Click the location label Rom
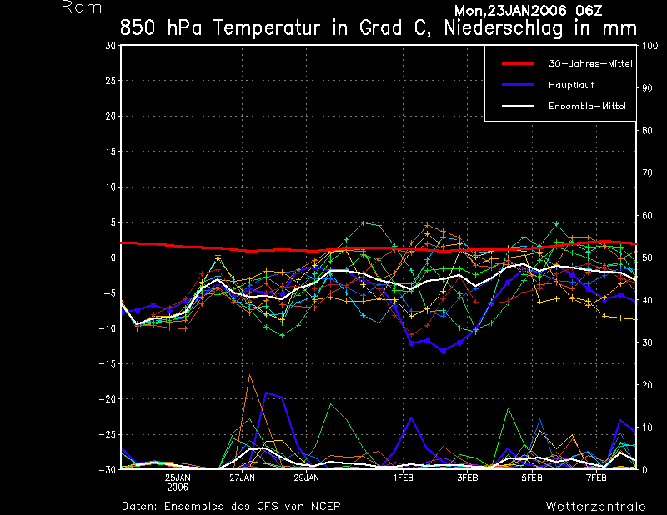point(82,7)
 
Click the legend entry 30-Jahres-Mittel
point(590,63)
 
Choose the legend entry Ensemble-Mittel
point(587,106)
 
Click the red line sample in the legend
point(517,63)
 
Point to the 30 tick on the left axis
point(110,46)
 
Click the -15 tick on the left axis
point(107,364)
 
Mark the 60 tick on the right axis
point(645,215)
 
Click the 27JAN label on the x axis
point(242,477)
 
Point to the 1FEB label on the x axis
point(404,477)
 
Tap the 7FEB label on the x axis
point(595,477)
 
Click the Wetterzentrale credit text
point(595,506)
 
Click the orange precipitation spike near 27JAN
point(249,377)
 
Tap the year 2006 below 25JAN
point(178,487)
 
